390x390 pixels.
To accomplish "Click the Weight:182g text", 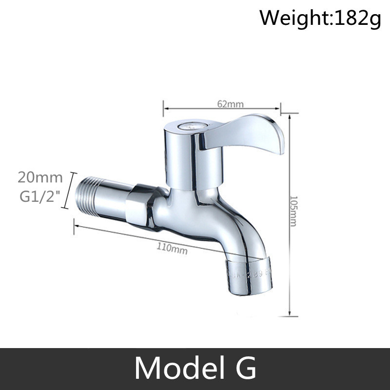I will (x=319, y=18).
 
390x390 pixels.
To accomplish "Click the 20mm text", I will (x=40, y=177).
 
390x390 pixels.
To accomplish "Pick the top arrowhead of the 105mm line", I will (x=291, y=116).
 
